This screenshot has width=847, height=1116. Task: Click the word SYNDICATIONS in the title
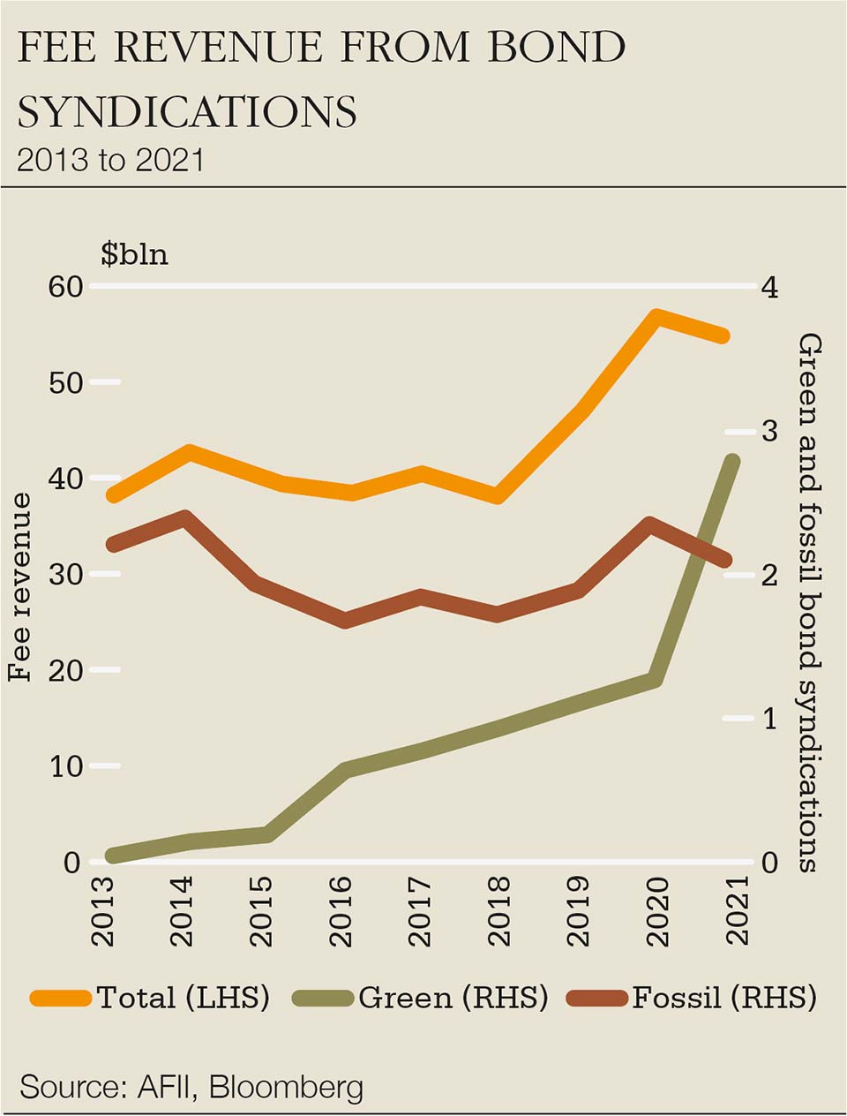click(187, 112)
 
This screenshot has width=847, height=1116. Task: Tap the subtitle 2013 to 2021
click(110, 160)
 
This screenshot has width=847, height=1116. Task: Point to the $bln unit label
click(134, 254)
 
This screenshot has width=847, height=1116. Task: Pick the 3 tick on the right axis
click(768, 431)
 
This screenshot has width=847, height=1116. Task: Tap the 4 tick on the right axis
click(768, 287)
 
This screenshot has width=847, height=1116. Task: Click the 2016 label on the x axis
click(340, 911)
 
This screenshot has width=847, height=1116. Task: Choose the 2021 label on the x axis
click(734, 911)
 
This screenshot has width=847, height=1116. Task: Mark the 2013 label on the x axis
click(104, 911)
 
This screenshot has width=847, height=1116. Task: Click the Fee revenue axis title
click(19, 587)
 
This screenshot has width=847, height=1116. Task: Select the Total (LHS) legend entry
click(150, 998)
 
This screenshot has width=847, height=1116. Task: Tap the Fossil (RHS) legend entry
click(692, 998)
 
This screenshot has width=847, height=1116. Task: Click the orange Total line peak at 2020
click(655, 317)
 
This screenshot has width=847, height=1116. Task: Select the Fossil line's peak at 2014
click(184, 517)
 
